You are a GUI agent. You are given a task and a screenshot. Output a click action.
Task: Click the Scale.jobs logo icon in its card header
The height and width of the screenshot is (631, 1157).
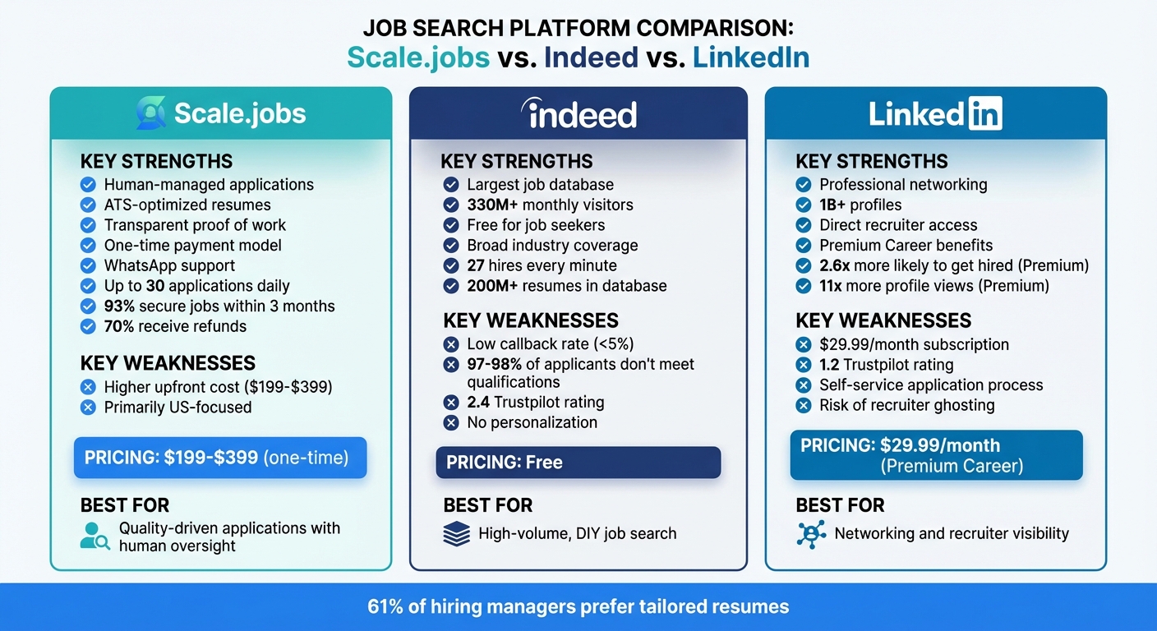tap(150, 113)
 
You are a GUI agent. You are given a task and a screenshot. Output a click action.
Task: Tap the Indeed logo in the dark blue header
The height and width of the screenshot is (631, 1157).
tap(578, 114)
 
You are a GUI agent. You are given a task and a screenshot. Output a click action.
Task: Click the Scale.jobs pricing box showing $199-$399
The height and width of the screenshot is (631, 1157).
tap(220, 458)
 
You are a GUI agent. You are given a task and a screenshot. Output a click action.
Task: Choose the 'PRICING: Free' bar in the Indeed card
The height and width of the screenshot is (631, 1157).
tap(578, 463)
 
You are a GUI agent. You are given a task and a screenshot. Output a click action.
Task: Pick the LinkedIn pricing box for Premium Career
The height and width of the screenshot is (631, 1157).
tap(936, 455)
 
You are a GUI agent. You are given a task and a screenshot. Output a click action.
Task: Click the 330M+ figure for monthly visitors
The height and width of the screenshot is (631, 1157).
tap(492, 205)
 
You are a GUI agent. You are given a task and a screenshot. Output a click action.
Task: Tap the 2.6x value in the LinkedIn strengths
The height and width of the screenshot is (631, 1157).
tap(837, 265)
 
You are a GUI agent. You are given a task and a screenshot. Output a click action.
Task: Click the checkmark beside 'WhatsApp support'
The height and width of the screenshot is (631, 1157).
tap(88, 265)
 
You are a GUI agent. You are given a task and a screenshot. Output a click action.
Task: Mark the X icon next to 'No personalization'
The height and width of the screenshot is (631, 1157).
tap(450, 423)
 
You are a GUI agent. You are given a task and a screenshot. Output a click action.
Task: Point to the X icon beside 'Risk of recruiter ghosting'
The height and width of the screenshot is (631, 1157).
tap(804, 405)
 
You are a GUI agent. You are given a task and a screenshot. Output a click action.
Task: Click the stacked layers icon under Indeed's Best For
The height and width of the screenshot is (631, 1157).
tap(456, 533)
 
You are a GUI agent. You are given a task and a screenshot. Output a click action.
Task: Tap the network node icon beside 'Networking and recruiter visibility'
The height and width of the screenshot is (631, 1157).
tap(811, 533)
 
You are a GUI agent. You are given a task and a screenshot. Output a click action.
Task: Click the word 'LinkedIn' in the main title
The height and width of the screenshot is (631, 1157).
tap(750, 57)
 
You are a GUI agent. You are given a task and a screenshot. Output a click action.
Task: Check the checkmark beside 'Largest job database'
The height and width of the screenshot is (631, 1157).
tap(450, 185)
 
